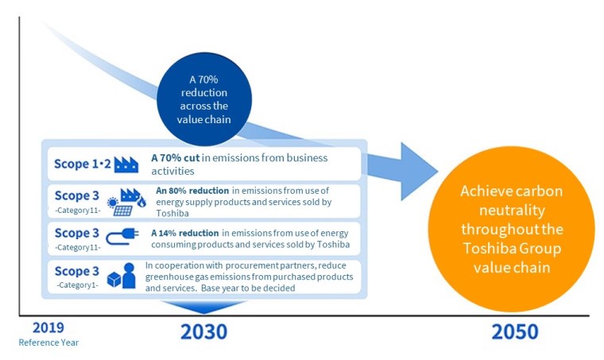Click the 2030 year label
pos(203,332)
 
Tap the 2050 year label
pos(515,332)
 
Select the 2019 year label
pos(48,327)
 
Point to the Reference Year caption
pos(48,343)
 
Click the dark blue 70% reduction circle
pos(204,99)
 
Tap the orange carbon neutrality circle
pos(511,229)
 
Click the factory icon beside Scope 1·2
pos(126,165)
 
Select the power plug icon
pos(122,236)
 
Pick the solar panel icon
pos(123,211)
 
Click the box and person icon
pos(122,276)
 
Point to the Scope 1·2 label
pos(83,164)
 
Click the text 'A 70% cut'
pos(176,158)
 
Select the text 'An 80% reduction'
pos(192,191)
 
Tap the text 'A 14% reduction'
pos(185,233)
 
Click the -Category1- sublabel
pos(77,285)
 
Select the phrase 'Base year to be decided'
pos(248,288)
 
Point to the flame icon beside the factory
pos(141,202)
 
